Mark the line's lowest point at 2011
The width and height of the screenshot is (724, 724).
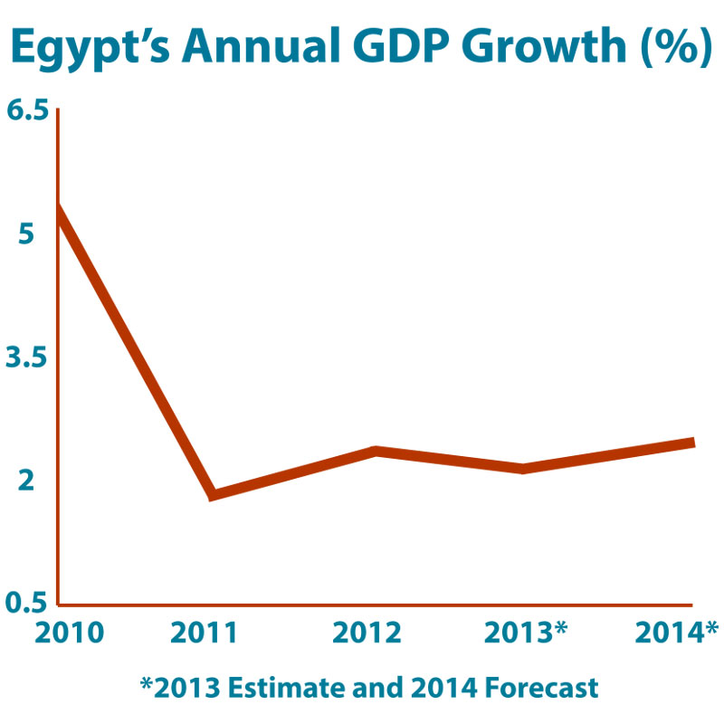click(212, 494)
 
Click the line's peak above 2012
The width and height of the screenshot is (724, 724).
click(373, 451)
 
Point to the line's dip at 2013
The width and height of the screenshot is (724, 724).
click(522, 468)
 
